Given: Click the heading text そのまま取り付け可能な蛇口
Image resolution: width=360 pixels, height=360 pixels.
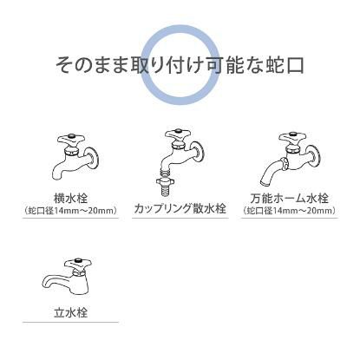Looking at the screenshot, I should point(180,65).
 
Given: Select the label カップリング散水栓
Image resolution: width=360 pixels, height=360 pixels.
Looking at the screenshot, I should point(180,209).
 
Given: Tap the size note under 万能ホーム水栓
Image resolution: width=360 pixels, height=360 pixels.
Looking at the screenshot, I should point(289,209).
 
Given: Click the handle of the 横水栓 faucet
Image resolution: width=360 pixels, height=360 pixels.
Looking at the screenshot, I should point(67,139).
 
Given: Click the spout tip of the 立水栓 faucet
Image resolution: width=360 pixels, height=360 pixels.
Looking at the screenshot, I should point(47,284).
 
